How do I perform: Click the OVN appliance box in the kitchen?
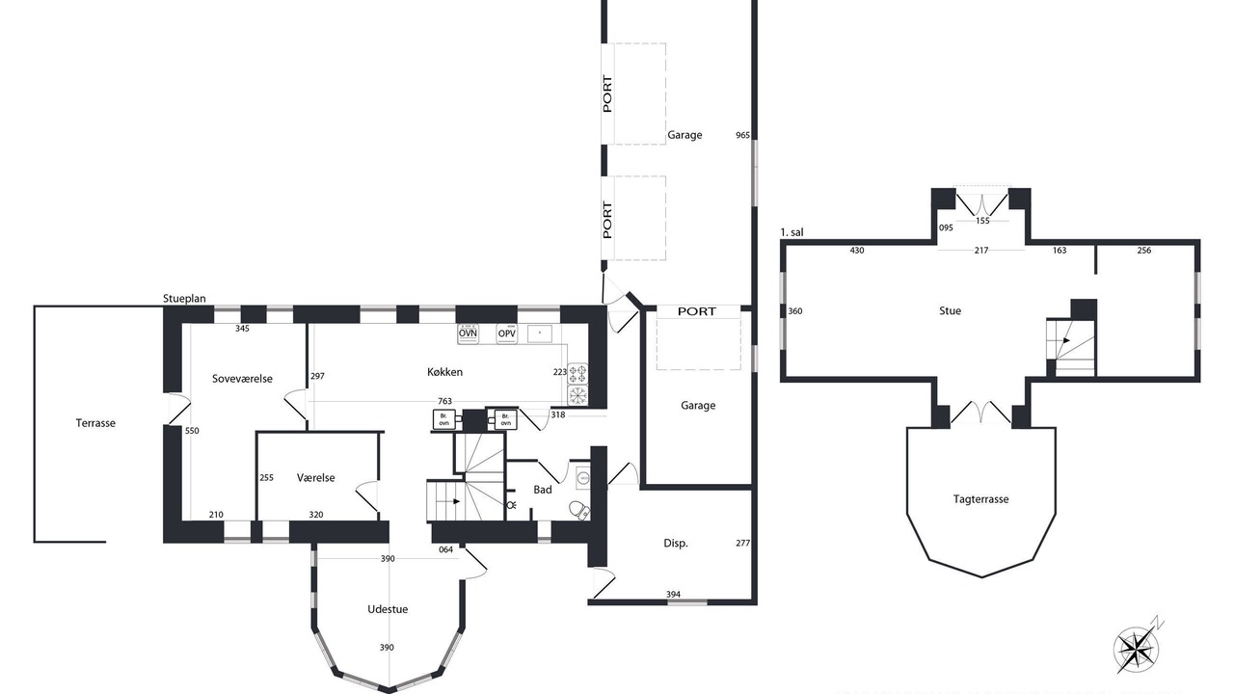tap(468, 334)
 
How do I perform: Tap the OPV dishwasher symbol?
tap(506, 334)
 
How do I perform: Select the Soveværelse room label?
tap(242, 379)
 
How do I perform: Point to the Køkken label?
tap(444, 372)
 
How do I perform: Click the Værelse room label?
tap(315, 478)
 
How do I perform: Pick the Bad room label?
tap(543, 490)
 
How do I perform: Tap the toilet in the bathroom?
tap(578, 510)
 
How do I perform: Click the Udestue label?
tap(388, 609)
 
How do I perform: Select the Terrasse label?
tap(95, 423)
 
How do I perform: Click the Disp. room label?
tap(676, 544)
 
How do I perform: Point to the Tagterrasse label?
tap(981, 499)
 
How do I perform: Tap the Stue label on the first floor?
tap(951, 311)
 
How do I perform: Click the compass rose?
tap(1136, 649)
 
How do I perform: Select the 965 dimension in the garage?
tap(742, 136)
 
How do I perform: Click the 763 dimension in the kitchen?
tap(444, 402)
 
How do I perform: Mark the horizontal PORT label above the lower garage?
tap(697, 311)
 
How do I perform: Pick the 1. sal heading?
tap(791, 233)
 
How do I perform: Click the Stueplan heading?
tap(184, 299)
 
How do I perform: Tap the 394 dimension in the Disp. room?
tap(673, 595)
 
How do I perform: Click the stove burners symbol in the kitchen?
tap(577, 373)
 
